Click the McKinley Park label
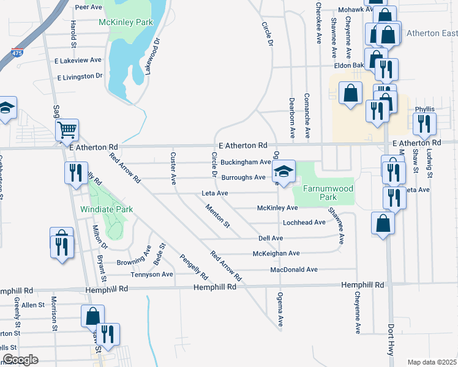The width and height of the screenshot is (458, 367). pyautogui.click(x=125, y=23)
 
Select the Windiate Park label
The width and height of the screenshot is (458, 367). pyautogui.click(x=107, y=209)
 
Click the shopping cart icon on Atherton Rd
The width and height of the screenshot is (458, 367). pyautogui.click(x=67, y=130)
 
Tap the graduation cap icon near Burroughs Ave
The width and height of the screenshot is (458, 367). pyautogui.click(x=283, y=171)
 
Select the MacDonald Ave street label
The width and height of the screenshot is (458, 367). pyautogui.click(x=294, y=269)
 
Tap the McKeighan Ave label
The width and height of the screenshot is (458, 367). pyautogui.click(x=276, y=253)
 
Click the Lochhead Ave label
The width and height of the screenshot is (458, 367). pyautogui.click(x=304, y=222)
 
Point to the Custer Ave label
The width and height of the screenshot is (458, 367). pyautogui.click(x=173, y=168)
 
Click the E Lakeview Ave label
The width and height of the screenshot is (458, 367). pyautogui.click(x=78, y=60)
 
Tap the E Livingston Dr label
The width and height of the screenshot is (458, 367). pyautogui.click(x=80, y=77)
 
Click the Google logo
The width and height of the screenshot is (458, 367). pyautogui.click(x=20, y=360)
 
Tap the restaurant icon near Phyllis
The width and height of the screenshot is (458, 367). pyautogui.click(x=424, y=125)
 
